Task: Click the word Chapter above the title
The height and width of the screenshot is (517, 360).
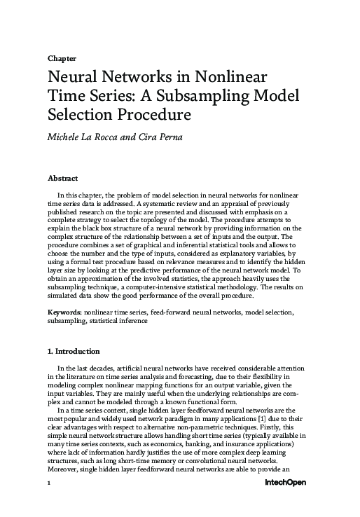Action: click(x=62, y=59)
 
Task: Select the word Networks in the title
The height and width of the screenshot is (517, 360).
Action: click(x=130, y=76)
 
